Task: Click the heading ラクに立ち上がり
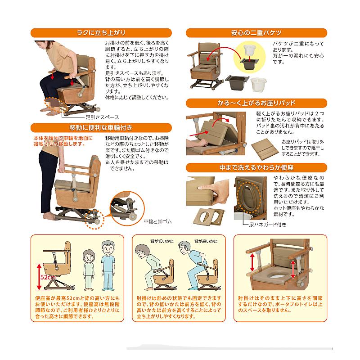[x=101, y=33]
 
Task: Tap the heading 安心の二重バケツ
[x=256, y=33]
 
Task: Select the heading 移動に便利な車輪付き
[x=101, y=128]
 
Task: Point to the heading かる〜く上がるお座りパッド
[x=256, y=103]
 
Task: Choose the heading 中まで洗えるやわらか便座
[x=256, y=167]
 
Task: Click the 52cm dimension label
[x=48, y=277]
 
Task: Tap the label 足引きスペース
[x=103, y=117]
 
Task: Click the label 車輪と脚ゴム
[x=157, y=221]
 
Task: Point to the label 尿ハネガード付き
[x=268, y=225]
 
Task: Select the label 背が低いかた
[x=162, y=241]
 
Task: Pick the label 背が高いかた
[x=206, y=241]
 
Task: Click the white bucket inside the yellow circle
[x=250, y=50]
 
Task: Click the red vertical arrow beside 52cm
[x=39, y=277]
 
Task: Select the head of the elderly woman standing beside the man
[x=88, y=256]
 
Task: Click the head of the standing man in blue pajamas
[x=108, y=248]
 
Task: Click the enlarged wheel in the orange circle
[x=132, y=216]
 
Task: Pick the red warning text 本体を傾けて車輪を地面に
[x=63, y=138]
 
